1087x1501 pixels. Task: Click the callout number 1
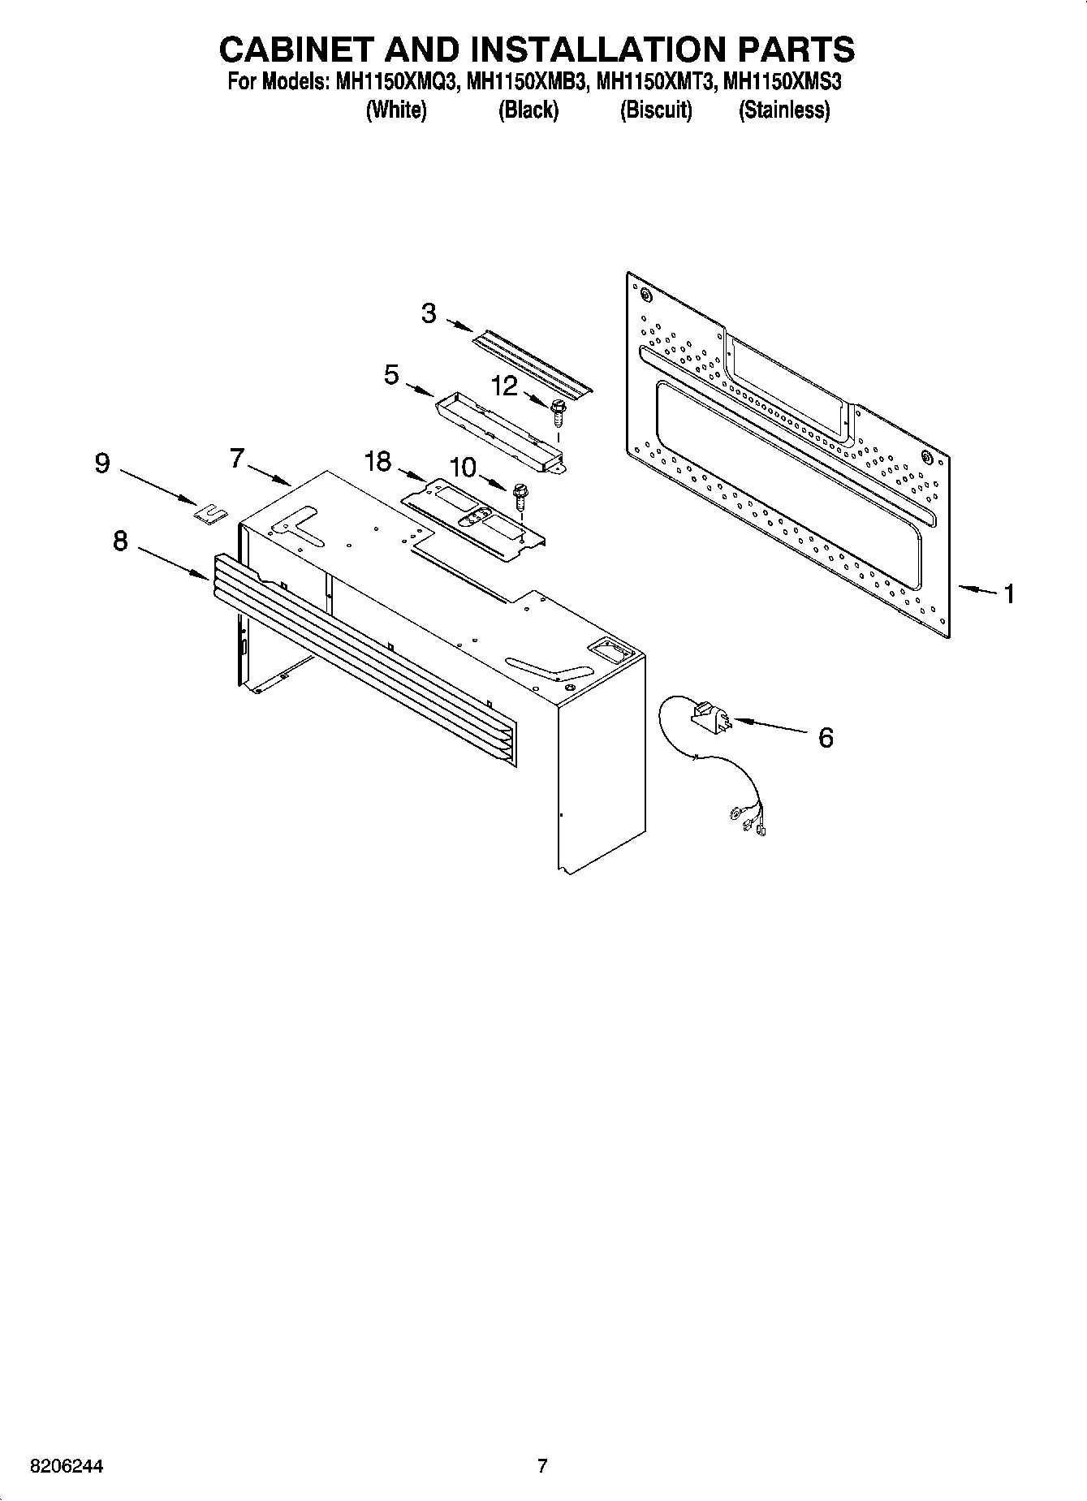point(1008,594)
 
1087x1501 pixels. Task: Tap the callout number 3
point(429,313)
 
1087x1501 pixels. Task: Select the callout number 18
point(377,462)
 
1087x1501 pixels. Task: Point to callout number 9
point(102,464)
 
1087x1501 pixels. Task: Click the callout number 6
point(825,738)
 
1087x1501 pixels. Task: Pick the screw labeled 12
point(558,412)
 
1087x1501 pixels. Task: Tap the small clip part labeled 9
point(210,513)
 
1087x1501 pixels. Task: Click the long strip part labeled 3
point(533,364)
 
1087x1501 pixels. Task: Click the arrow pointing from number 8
point(173,562)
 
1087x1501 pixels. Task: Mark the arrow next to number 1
point(977,590)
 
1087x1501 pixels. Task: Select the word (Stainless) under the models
point(783,110)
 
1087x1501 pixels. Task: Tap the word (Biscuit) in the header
point(655,110)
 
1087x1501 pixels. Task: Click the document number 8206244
point(66,1467)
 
